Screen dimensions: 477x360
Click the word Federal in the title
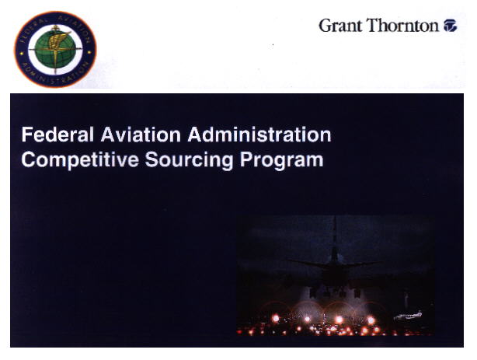click(x=57, y=135)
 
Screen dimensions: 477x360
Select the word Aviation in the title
click(x=141, y=135)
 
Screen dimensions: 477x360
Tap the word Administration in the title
click(x=259, y=135)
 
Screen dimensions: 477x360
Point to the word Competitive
click(x=80, y=160)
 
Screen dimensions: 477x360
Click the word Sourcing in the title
click(x=190, y=160)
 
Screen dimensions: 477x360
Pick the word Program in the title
click(x=282, y=160)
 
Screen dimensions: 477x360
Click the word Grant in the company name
click(x=341, y=26)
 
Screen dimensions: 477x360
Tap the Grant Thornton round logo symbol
click(x=451, y=26)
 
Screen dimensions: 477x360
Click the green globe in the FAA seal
click(x=54, y=50)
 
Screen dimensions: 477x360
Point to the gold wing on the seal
click(x=57, y=40)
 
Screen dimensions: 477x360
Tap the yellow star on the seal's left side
click(x=22, y=53)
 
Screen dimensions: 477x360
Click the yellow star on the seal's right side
click(x=89, y=52)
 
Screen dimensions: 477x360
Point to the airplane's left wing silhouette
click(x=307, y=264)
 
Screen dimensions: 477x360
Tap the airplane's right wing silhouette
click(x=361, y=264)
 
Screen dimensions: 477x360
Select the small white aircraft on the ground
click(x=408, y=316)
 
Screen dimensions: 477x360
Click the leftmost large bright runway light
click(x=276, y=318)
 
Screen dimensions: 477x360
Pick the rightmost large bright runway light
click(x=371, y=320)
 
